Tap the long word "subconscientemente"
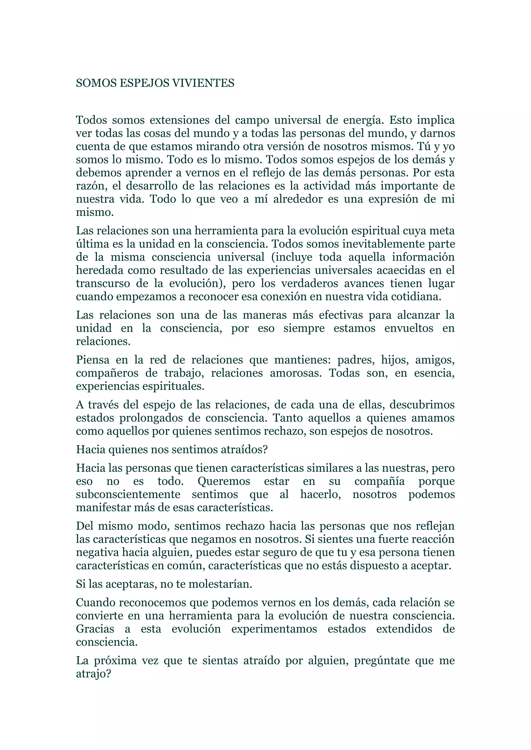[x=128, y=495]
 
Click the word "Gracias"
[x=95, y=629]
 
